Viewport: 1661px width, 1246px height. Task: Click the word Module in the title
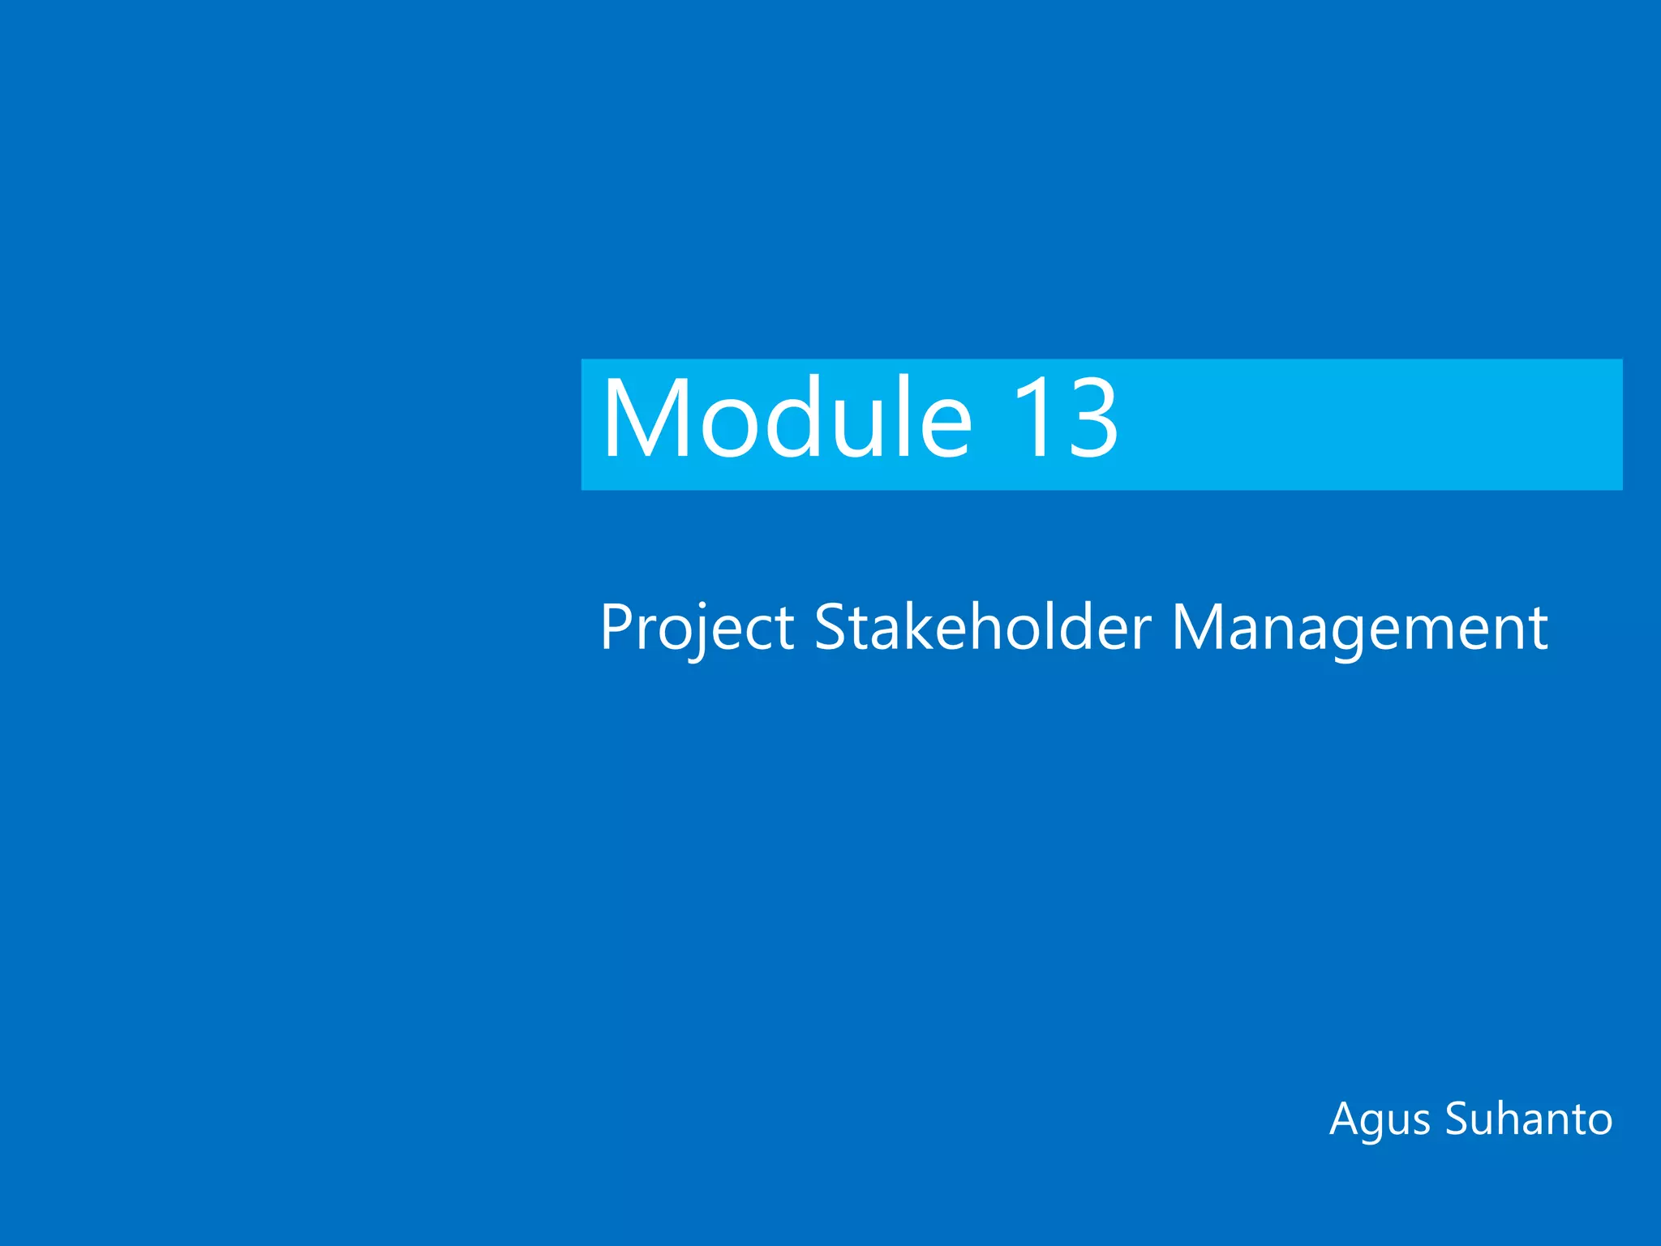click(x=785, y=419)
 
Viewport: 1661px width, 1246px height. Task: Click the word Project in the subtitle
click(x=696, y=629)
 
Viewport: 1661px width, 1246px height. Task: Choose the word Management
click(x=1360, y=629)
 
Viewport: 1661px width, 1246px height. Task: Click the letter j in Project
click(x=696, y=633)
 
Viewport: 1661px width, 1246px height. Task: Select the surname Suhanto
click(x=1529, y=1119)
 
